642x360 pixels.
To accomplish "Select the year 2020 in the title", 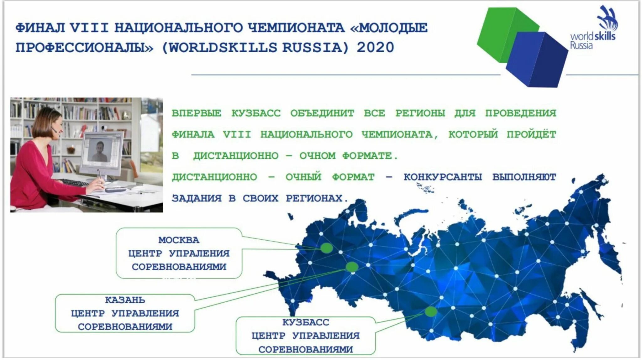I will (375, 48).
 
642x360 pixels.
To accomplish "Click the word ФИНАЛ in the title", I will (40, 28).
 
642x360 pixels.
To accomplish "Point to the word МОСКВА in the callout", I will (179, 240).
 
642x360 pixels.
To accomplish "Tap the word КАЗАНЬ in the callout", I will (125, 300).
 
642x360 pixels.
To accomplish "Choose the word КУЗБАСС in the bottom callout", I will (306, 322).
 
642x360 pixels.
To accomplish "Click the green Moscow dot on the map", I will (326, 248).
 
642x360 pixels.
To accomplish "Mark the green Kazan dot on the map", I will (352, 267).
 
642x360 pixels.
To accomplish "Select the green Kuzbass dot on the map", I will (431, 311).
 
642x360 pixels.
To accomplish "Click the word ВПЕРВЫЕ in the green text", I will (197, 113).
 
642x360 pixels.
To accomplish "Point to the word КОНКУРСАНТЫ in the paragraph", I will (442, 177).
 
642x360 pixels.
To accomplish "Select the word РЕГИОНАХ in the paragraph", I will (314, 198).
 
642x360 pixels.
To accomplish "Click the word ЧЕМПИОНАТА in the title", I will (296, 28).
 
